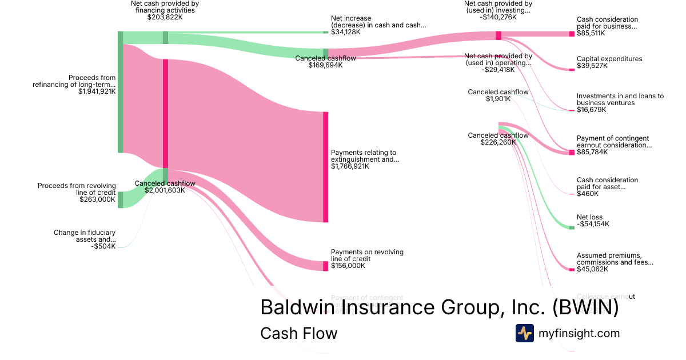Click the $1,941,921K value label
97,91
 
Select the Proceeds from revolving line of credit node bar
120,200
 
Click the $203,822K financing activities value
165,17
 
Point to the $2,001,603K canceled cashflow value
165,190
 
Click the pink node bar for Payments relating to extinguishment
326,167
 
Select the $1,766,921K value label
350,166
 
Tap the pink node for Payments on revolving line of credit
326,266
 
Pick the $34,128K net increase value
345,32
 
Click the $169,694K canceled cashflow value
318,65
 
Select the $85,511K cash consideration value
591,33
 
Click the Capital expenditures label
609,59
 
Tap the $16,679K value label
592,110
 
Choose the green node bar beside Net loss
572,227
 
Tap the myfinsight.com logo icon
524,333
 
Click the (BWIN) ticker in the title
585,307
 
